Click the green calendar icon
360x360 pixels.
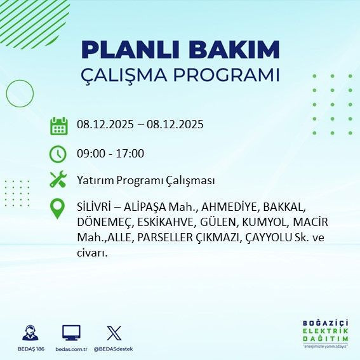(x=58, y=125)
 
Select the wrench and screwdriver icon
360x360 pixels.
(x=58, y=180)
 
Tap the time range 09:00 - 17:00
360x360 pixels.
(x=110, y=153)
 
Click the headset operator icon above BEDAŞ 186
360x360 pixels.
(x=29, y=333)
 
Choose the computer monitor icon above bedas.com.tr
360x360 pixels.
(x=71, y=333)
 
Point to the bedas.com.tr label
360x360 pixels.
(x=71, y=349)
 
